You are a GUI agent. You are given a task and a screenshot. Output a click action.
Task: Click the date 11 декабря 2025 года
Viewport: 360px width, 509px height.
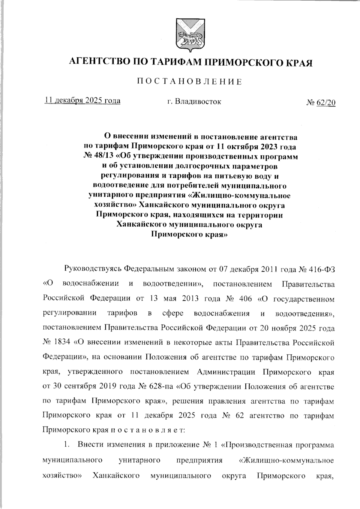82,100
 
